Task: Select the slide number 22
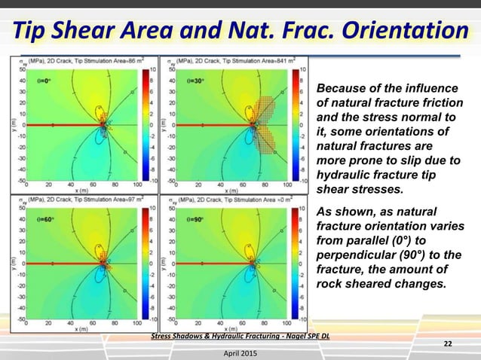448,344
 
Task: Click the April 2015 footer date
235,352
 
